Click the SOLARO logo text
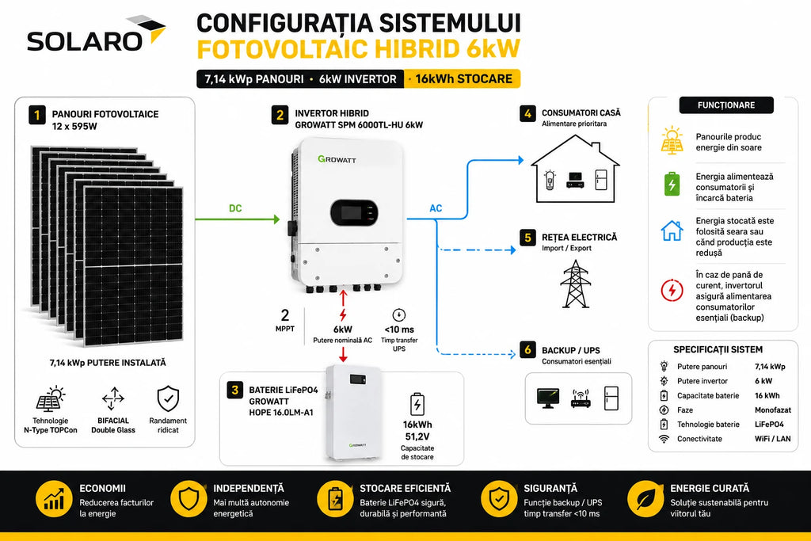(x=84, y=41)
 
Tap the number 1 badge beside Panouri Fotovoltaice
(x=36, y=115)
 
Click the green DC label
(x=235, y=208)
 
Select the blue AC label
(x=436, y=208)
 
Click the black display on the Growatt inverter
(x=354, y=212)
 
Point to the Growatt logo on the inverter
(x=337, y=159)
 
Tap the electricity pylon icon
(x=575, y=284)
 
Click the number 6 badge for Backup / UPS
(x=527, y=349)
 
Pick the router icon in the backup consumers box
(x=581, y=398)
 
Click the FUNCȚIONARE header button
(x=726, y=105)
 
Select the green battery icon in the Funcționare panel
(x=672, y=184)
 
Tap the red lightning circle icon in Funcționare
(x=672, y=290)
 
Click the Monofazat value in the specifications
(x=773, y=410)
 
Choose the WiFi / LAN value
(x=773, y=439)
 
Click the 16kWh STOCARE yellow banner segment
(x=463, y=78)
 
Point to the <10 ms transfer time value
(x=399, y=330)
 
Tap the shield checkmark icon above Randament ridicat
(x=168, y=398)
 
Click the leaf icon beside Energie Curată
(x=645, y=499)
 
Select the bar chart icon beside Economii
(x=54, y=499)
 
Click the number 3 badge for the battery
(x=235, y=390)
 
